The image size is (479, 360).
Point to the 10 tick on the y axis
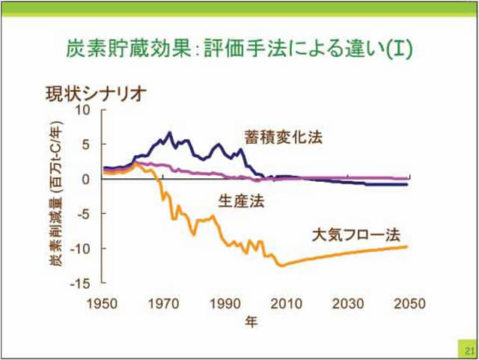pyautogui.click(x=82, y=109)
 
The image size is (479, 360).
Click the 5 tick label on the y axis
pyautogui.click(x=86, y=144)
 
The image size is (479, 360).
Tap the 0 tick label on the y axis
pyautogui.click(x=86, y=179)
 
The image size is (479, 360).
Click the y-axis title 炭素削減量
pyautogui.click(x=57, y=196)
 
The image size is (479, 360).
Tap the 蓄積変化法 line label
pyautogui.click(x=283, y=138)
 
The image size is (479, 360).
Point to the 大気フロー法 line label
pyautogui.click(x=356, y=234)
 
